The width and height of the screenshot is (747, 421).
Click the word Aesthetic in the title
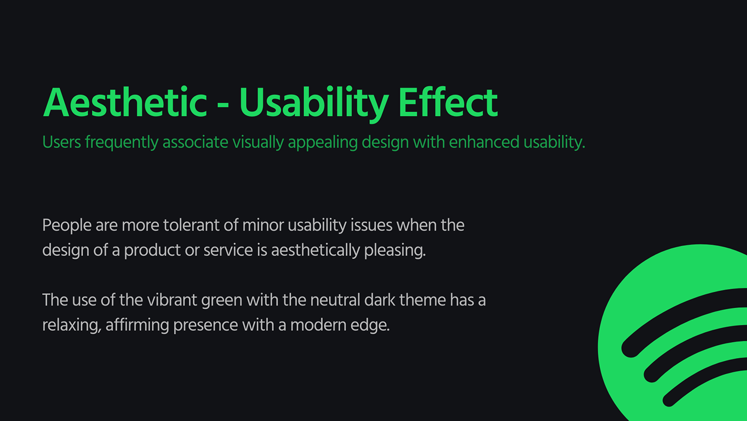click(x=125, y=102)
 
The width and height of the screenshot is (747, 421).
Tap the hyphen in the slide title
click(x=223, y=106)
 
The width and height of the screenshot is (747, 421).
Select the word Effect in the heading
click(x=448, y=102)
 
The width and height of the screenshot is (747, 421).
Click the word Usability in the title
click(x=314, y=104)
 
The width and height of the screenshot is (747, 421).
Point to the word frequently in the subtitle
click(x=122, y=143)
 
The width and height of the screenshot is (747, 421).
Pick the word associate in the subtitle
click(x=195, y=142)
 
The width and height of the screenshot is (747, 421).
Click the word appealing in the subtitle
click(x=322, y=143)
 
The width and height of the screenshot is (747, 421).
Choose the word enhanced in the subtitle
click(x=484, y=142)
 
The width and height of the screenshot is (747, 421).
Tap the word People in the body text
click(x=67, y=225)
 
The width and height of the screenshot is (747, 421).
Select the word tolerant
click(x=192, y=225)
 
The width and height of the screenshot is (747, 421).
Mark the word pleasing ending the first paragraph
click(x=395, y=251)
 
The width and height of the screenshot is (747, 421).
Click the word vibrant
click(x=172, y=300)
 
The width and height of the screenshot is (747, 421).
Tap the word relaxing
click(x=71, y=325)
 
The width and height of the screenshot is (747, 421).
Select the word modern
click(x=318, y=325)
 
